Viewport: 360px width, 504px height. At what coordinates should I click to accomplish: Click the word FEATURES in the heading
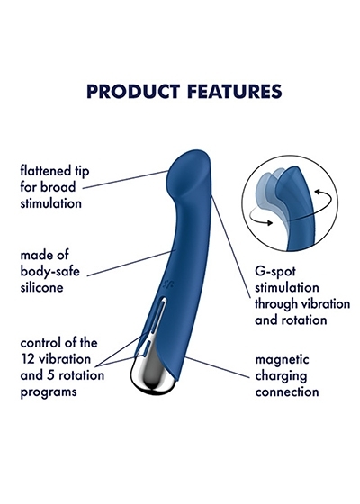[x=235, y=91]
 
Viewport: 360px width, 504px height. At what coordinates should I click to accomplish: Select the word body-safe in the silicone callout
[x=49, y=271]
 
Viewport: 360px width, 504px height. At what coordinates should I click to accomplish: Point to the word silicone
[x=41, y=287]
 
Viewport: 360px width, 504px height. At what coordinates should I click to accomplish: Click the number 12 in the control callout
[x=28, y=359]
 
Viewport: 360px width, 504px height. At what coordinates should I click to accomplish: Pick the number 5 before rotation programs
[x=50, y=375]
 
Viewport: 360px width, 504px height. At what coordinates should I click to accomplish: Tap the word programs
[x=49, y=392]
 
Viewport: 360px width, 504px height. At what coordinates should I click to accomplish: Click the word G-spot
[x=275, y=272]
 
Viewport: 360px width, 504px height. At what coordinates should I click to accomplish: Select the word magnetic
[x=282, y=360]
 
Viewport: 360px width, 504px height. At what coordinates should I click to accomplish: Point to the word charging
[x=281, y=376]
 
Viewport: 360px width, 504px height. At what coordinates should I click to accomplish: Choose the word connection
[x=287, y=391]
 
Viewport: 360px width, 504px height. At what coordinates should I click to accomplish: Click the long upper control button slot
[x=158, y=316]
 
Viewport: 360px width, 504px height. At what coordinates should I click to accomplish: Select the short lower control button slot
[x=147, y=349]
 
